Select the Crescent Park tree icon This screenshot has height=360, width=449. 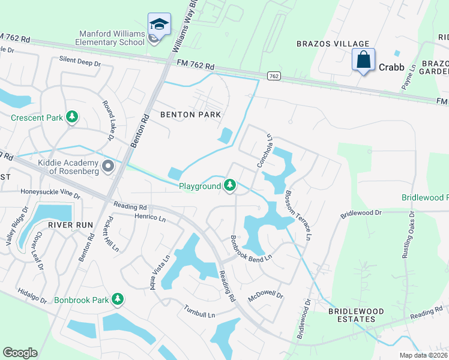(72, 117)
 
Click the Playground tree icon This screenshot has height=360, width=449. (230, 187)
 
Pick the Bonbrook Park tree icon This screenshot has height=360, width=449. (118, 299)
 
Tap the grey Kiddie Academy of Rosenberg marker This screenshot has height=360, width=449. (108, 166)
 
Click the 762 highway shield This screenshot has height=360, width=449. (274, 76)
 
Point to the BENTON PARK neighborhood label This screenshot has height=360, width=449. (191, 114)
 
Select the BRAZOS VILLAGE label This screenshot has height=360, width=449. (333, 44)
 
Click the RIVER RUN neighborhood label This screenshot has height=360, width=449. (70, 225)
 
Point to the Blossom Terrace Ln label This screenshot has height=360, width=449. (298, 215)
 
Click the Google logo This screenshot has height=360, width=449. (20, 353)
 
